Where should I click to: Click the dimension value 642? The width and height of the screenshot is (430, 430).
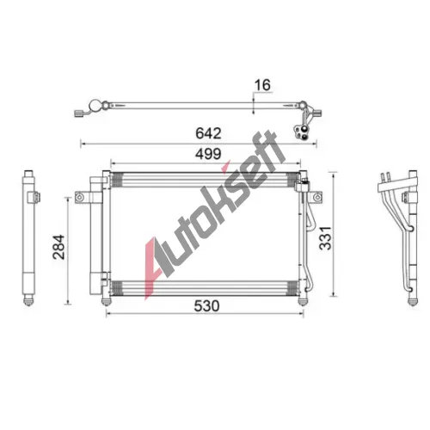208,133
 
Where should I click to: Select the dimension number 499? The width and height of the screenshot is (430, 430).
208,154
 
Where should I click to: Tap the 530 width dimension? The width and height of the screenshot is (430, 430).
206,306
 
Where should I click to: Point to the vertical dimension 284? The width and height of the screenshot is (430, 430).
58,247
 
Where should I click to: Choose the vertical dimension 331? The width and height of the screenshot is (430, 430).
325,238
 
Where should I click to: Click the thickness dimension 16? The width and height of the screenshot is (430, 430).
262,85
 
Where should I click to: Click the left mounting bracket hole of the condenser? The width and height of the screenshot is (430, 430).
79,197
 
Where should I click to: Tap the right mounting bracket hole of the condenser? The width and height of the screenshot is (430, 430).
317,197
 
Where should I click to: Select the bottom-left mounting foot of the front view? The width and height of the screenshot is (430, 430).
106,302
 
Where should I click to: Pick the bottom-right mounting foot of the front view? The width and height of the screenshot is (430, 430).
303,302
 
